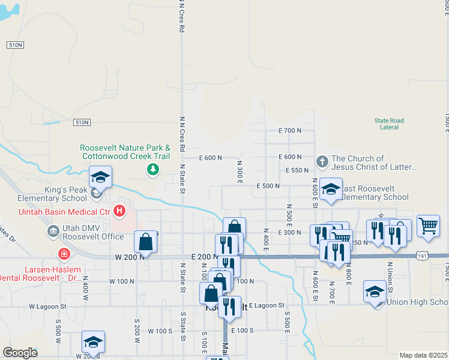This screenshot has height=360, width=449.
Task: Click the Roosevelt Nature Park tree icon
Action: pos(153,169)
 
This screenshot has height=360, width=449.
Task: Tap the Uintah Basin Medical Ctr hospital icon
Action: pos(119,211)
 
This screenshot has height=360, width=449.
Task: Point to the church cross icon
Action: pos(322,161)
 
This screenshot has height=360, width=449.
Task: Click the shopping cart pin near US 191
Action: pos(428,227)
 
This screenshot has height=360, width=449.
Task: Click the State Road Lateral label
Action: pos(390,124)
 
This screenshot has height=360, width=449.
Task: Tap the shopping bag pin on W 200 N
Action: pos(146,242)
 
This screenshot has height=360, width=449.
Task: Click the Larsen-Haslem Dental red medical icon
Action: pos(64,253)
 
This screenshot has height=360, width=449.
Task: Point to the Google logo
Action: pos(20,353)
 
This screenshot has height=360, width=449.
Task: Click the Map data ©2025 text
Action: pos(423,355)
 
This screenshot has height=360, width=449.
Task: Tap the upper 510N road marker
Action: pos(16,45)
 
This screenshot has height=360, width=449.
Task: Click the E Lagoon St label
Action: pos(267,305)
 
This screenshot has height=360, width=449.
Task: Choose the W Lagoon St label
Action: pos(47,306)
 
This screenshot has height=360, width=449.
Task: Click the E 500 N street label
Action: pos(268,186)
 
